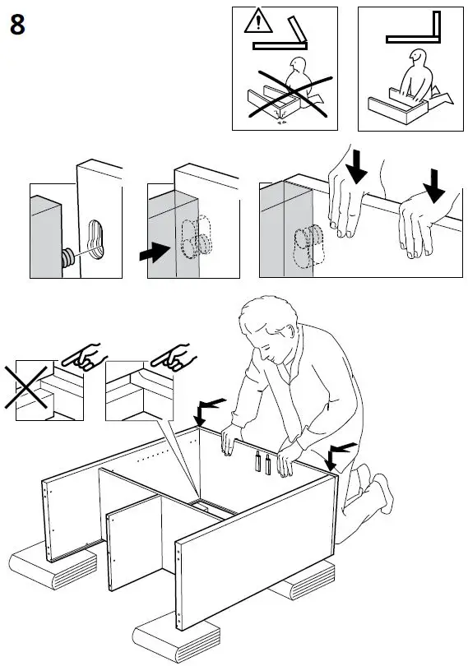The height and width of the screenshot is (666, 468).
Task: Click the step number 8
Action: pyautogui.click(x=17, y=25)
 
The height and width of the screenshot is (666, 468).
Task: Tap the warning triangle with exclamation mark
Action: pyautogui.click(x=258, y=21)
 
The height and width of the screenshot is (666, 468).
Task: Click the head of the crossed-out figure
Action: pyautogui.click(x=298, y=66)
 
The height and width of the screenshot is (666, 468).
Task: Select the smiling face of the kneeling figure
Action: pyautogui.click(x=417, y=56)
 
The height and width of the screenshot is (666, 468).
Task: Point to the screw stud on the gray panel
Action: pyautogui.click(x=68, y=258)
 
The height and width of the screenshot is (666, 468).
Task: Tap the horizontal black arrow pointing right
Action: pyautogui.click(x=155, y=252)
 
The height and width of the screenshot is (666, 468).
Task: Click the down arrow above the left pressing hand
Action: pyautogui.click(x=356, y=166)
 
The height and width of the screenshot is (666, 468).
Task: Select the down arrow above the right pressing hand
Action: pyautogui.click(x=433, y=186)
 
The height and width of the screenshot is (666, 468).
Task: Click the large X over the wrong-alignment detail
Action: pyautogui.click(x=26, y=388)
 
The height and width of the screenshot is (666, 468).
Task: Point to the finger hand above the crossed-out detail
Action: pyautogui.click(x=83, y=356)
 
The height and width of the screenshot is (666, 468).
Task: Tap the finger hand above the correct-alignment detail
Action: pyautogui.click(x=173, y=356)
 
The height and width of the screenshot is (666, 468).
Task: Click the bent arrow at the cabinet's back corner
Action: pyautogui.click(x=207, y=410)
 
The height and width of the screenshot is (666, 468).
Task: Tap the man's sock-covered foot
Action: pyautogui.click(x=384, y=493)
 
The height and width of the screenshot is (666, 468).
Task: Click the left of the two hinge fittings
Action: pyautogui.click(x=258, y=461)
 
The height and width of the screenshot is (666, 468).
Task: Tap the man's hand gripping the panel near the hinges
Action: pyautogui.click(x=288, y=460)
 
